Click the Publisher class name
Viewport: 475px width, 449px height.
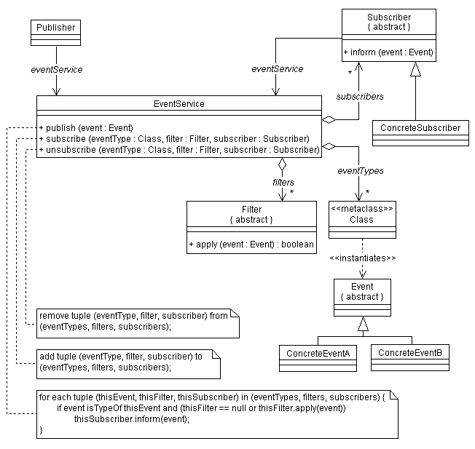pos(56,28)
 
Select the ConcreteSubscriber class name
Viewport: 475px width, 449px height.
pos(420,127)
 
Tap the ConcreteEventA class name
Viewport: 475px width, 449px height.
pos(318,354)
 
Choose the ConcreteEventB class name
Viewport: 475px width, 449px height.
pos(410,353)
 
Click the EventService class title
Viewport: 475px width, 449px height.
pos(179,104)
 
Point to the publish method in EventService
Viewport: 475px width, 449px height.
pos(87,128)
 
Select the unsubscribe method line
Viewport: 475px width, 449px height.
pos(179,150)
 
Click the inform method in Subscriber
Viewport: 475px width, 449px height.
pos(388,52)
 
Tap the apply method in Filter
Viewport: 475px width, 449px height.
pos(251,245)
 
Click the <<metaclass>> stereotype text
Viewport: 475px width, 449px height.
pos(362,209)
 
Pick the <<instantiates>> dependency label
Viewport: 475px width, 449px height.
pos(363,258)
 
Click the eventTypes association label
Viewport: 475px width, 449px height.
pos(361,171)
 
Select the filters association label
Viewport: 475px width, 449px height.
pos(283,183)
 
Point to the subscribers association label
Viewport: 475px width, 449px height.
pos(360,97)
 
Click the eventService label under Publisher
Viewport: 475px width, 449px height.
pos(57,70)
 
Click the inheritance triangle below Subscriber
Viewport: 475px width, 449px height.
pos(415,69)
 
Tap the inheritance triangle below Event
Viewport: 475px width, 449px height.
pos(363,324)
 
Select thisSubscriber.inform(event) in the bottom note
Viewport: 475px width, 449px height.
pos(132,419)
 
